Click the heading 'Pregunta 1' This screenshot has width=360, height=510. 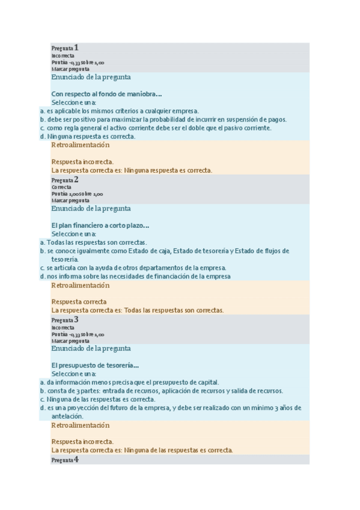point(65,48)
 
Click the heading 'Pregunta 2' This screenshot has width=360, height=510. point(65,179)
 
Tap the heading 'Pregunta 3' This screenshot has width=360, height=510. point(65,319)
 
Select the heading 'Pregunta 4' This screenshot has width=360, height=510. point(65,459)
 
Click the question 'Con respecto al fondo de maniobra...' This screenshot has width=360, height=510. point(107,94)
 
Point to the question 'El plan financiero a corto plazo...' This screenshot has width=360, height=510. point(100,226)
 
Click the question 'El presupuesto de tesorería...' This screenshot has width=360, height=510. point(96,365)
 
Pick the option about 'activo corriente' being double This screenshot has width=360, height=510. point(159,128)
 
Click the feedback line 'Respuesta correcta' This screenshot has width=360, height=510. point(79,301)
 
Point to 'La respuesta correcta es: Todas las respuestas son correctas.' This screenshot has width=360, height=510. point(138,310)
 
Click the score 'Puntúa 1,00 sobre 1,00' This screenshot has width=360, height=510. point(78,194)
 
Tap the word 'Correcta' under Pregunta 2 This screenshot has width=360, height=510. point(61,187)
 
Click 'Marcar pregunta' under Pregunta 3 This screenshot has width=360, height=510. point(70,341)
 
